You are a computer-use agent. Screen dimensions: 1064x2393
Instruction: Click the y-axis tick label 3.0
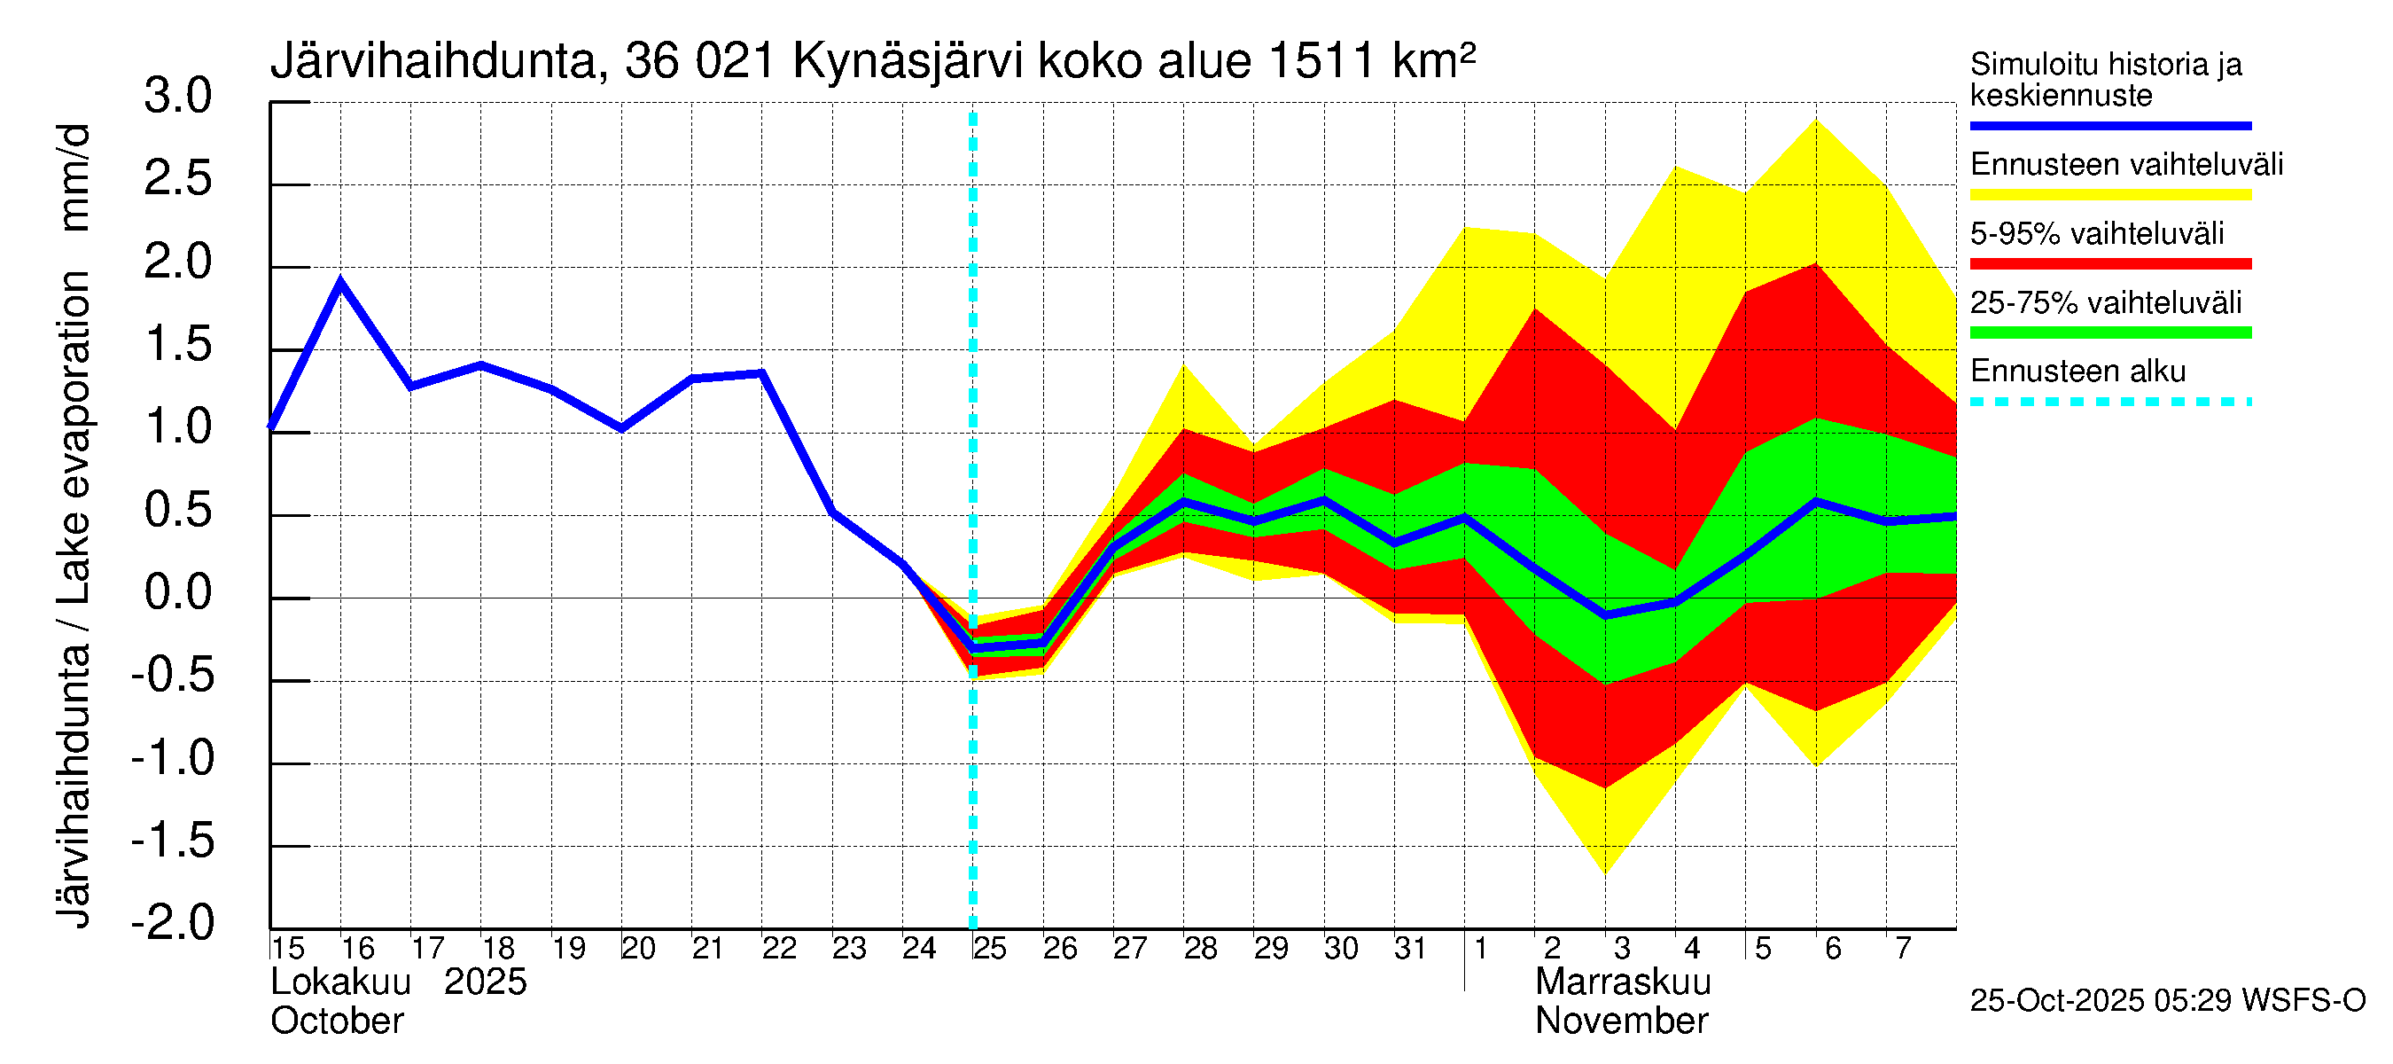point(177,97)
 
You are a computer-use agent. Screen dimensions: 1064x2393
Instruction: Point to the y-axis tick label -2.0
point(173,923)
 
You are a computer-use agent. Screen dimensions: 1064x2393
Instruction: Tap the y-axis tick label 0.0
point(177,593)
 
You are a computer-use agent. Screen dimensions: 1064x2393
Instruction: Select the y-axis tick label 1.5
point(177,345)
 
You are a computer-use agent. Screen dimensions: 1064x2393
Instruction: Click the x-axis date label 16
point(358,949)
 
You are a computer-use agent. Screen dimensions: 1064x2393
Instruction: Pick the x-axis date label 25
point(989,949)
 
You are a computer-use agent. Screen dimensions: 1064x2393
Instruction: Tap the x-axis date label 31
point(1410,949)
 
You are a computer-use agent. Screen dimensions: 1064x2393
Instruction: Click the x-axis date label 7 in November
point(1904,949)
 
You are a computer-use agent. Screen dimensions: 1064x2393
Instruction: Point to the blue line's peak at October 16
point(341,281)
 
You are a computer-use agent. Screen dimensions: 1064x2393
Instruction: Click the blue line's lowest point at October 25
point(972,646)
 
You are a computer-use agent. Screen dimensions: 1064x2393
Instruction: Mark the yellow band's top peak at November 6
point(1815,120)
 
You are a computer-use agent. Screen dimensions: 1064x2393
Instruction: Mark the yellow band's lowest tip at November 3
point(1605,872)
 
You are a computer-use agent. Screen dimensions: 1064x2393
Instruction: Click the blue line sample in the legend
point(2109,125)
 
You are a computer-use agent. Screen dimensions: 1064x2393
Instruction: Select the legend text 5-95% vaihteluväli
point(2097,233)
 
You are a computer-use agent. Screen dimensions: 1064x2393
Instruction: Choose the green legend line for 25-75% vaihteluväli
point(2109,332)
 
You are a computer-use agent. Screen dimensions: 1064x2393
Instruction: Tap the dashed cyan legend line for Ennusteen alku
point(2109,403)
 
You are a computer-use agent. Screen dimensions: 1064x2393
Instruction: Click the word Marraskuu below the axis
point(1622,982)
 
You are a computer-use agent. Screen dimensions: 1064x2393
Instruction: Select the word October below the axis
point(336,1021)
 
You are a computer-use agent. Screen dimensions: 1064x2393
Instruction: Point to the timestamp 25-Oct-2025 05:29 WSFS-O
point(2167,1001)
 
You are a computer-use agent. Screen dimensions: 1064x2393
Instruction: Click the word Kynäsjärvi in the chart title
point(908,62)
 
